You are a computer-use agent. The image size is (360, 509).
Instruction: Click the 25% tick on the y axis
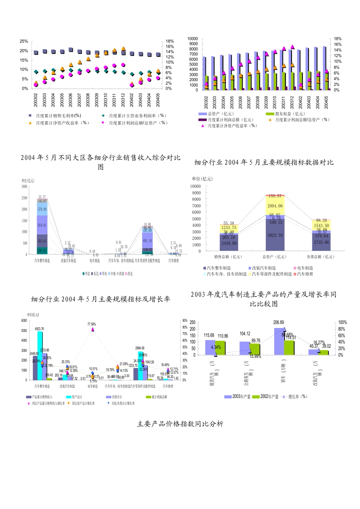[23, 41]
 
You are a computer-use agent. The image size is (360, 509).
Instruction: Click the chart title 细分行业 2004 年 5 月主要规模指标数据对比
[264, 162]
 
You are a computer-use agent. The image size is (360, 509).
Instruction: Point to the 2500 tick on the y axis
[24, 198]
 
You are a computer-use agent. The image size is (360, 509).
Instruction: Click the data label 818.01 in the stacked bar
[42, 225]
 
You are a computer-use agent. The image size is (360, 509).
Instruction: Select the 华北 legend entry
[87, 274]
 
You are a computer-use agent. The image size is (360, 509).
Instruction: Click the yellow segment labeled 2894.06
[275, 206]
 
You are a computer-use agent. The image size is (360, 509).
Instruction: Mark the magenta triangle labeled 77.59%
[92, 329]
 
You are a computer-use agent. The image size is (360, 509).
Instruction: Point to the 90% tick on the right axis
[185, 321]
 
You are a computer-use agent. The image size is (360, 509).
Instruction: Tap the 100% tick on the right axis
[343, 323]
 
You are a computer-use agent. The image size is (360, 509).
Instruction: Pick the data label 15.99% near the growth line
[255, 356]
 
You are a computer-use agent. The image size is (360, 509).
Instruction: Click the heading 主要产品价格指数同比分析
[180, 424]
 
